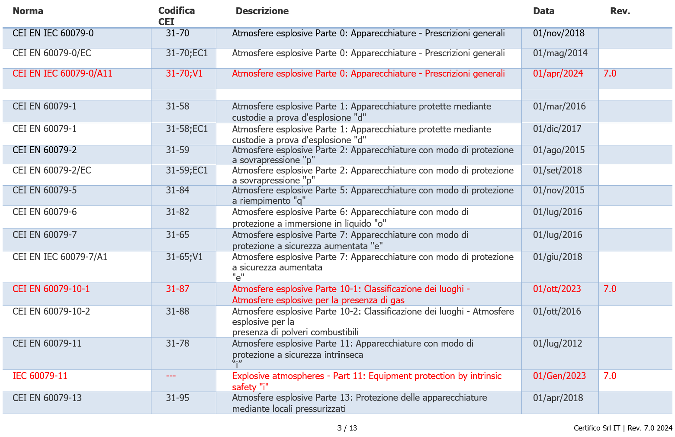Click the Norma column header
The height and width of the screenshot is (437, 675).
point(28,11)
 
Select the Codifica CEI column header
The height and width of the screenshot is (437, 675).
point(176,16)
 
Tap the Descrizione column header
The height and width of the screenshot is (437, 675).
point(262,11)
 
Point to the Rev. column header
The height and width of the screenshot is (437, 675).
point(620,11)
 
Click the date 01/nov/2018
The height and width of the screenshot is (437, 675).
point(558,33)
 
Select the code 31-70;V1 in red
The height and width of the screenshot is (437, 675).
point(184,74)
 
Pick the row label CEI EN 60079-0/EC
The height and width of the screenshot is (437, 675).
point(51,53)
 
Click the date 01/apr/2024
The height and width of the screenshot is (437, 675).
point(558,74)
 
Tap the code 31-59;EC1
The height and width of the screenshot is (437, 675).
point(186,170)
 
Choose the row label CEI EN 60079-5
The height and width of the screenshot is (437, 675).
point(44,190)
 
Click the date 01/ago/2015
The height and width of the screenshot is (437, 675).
point(559,150)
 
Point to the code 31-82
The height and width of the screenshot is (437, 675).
point(177,212)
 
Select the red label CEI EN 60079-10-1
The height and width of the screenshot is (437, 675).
point(51,289)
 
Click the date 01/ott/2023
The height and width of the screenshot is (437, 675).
point(557,289)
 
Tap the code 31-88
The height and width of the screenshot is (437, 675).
point(177,312)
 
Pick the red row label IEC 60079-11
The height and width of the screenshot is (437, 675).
point(40,376)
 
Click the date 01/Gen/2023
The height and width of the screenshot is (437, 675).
point(559,376)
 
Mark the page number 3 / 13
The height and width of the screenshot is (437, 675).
point(347,428)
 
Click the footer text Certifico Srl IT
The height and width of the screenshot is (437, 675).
point(597,428)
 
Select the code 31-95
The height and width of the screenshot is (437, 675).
point(177,398)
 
